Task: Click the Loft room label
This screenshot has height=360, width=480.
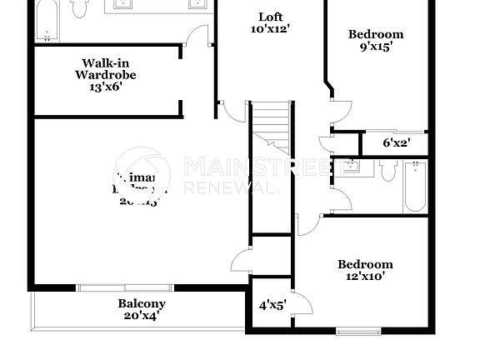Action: [x=270, y=17]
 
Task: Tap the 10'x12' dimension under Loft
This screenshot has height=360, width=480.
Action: [x=270, y=29]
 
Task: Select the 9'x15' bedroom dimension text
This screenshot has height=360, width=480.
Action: [x=376, y=47]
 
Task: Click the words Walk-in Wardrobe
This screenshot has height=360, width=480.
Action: [x=106, y=68]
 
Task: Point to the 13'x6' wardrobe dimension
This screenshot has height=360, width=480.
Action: [x=106, y=87]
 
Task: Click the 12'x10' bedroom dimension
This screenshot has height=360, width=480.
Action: [x=364, y=277]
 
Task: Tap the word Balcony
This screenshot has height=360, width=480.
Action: [x=141, y=303]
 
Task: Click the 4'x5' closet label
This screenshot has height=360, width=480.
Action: [x=272, y=305]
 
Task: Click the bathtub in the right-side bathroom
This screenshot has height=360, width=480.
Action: [x=415, y=187]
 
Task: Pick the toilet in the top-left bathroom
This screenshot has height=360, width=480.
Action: [x=80, y=8]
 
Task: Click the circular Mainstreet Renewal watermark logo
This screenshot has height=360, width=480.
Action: [x=141, y=176]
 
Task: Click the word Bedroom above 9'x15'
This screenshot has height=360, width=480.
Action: [x=376, y=34]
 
